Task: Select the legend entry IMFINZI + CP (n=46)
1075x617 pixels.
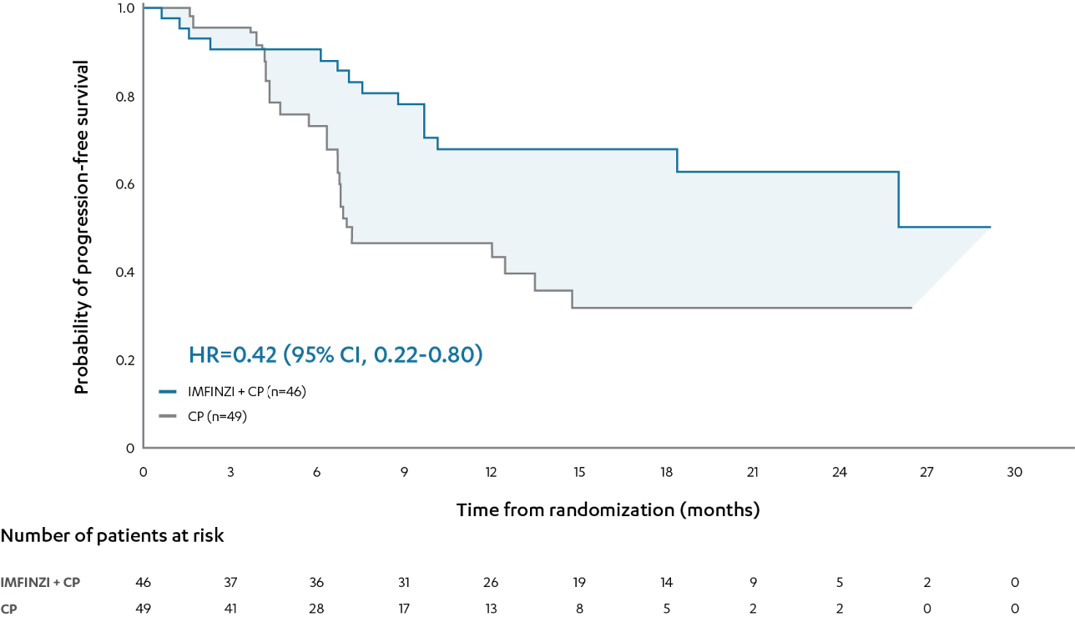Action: pos(238,391)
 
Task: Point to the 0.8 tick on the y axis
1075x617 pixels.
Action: pos(125,97)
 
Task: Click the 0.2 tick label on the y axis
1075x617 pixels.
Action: pos(125,360)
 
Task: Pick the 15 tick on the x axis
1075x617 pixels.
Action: pos(578,472)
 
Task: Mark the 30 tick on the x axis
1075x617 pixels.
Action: pos(1014,472)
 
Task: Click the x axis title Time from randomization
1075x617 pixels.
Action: pos(608,509)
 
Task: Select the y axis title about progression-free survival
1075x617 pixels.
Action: pos(82,227)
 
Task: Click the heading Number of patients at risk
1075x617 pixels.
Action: pos(113,535)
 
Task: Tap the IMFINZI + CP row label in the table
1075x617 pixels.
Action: pos(41,583)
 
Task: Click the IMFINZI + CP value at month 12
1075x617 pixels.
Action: pos(492,583)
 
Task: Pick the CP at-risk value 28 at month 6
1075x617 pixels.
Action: pos(317,609)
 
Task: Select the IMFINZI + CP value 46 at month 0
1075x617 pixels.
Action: pos(144,583)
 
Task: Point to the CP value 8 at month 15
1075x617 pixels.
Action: pos(578,609)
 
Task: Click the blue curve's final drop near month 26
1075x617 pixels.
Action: pos(898,199)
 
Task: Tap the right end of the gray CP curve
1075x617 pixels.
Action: pos(911,308)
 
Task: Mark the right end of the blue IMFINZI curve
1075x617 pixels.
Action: pos(990,227)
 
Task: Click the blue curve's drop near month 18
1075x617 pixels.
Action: pos(677,160)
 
